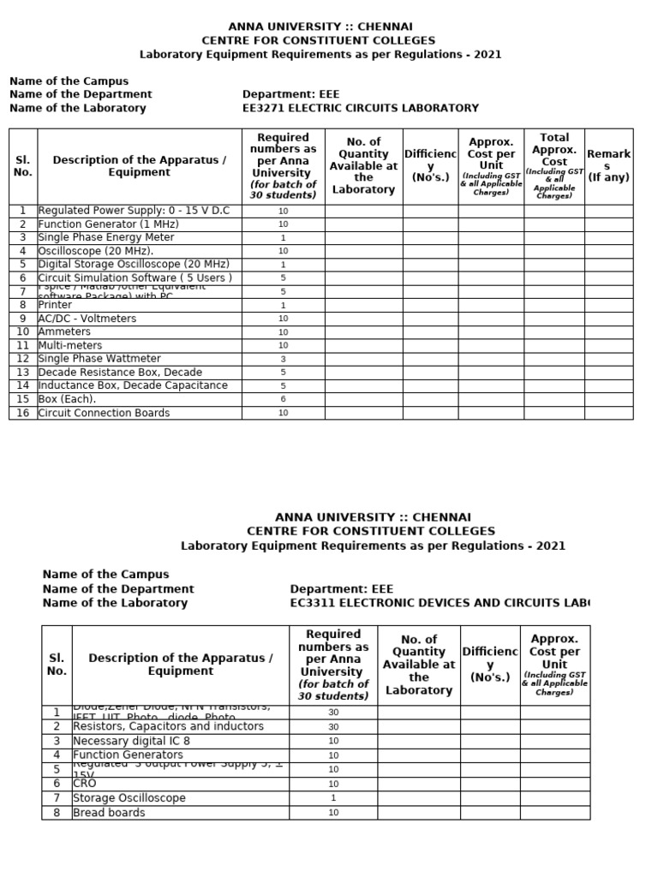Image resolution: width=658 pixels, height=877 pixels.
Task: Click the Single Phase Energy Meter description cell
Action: [x=106, y=237]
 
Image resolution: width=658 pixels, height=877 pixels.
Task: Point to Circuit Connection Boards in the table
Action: [x=104, y=413]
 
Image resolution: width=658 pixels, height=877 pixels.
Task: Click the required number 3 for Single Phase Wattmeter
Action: [x=283, y=359]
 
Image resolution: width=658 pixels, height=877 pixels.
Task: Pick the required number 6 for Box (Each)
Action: [x=283, y=399]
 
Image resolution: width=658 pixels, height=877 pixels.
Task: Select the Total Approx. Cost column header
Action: [x=554, y=166]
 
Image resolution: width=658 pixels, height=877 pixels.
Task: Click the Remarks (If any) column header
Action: [x=608, y=166]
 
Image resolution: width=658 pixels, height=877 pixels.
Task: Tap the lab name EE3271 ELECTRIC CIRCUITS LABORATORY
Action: [x=361, y=108]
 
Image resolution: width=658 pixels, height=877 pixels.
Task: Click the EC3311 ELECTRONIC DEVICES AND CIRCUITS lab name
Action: [x=440, y=603]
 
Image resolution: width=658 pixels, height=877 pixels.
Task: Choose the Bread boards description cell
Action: [x=109, y=813]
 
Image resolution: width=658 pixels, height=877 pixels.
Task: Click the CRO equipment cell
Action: [x=85, y=784]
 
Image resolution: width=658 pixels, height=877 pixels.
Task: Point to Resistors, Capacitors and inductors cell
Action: [x=168, y=726]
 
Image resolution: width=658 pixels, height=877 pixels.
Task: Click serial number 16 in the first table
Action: [x=23, y=413]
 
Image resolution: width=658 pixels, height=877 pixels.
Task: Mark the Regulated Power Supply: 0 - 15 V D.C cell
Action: [x=134, y=210]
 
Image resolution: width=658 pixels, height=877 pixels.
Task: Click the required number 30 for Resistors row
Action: [x=333, y=726]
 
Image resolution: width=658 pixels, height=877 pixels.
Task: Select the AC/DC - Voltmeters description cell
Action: [x=87, y=319]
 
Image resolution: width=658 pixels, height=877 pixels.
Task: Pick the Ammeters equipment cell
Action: [x=64, y=331]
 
